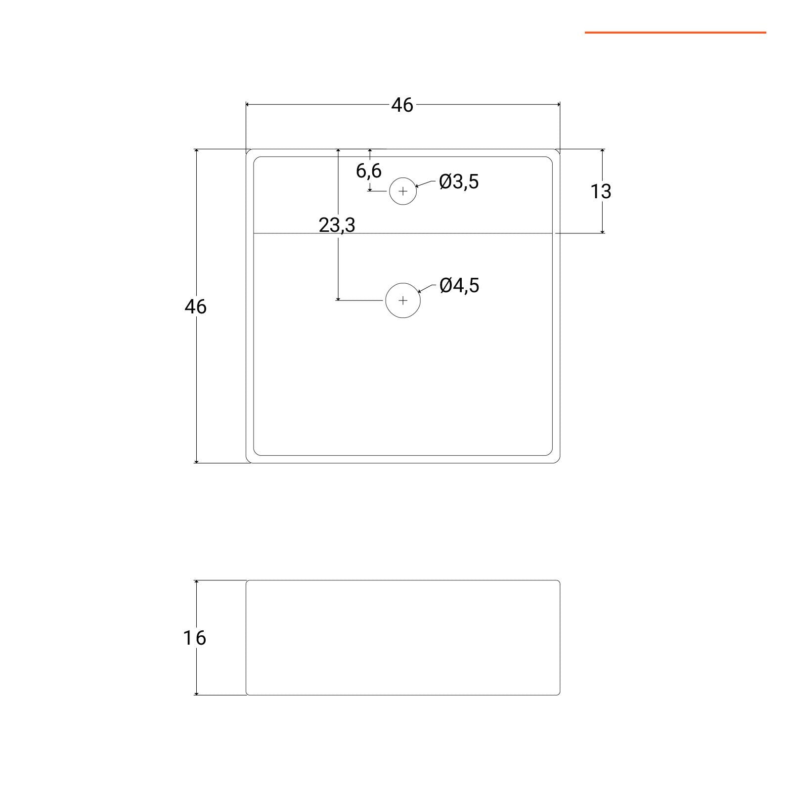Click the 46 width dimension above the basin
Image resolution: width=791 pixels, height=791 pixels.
(402, 105)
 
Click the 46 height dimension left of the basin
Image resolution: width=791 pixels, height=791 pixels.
(195, 307)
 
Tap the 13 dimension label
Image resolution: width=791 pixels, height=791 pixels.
(601, 191)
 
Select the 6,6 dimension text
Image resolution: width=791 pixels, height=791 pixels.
(369, 171)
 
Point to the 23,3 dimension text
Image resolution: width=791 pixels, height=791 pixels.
(337, 225)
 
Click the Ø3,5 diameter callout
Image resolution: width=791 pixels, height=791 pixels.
(459, 182)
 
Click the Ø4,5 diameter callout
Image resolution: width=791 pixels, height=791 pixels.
(459, 285)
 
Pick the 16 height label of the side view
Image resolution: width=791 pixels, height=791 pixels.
(195, 638)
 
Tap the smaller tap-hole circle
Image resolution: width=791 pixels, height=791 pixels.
(403, 177)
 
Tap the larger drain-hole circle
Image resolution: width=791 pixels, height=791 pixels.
(403, 283)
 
